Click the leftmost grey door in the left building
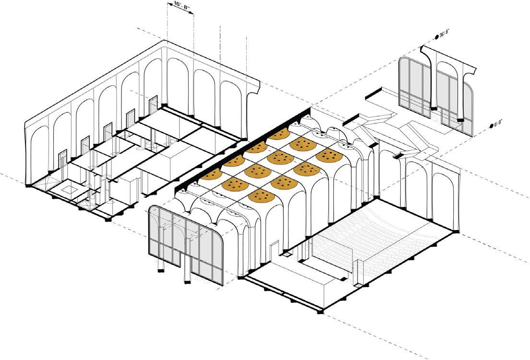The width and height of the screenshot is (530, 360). coord(62,160)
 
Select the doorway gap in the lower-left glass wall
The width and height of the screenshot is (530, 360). coord(185,269)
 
